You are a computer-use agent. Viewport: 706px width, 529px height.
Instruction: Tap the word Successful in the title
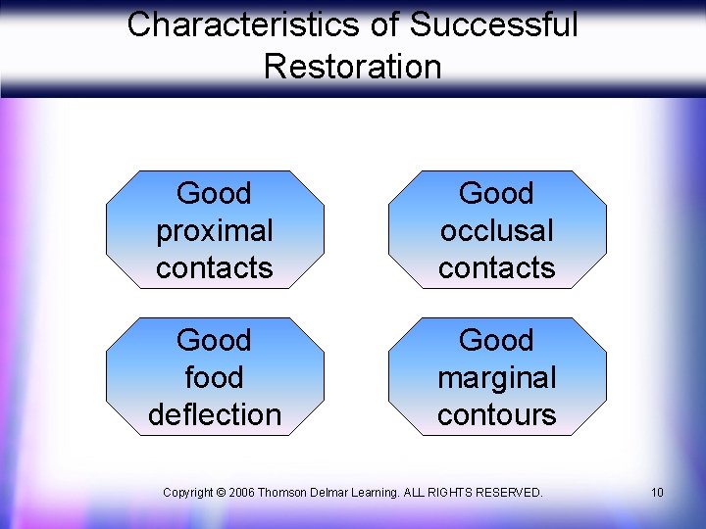pyautogui.click(x=494, y=24)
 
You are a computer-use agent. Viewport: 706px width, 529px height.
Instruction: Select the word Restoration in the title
pyautogui.click(x=353, y=67)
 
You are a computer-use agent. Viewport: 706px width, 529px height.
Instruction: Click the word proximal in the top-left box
pyautogui.click(x=215, y=231)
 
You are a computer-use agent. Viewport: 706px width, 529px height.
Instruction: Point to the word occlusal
pyautogui.click(x=497, y=231)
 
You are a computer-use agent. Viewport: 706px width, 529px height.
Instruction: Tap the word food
pyautogui.click(x=215, y=377)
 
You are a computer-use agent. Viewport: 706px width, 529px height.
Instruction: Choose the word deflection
pyautogui.click(x=215, y=414)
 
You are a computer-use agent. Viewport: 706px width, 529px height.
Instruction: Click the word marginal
pyautogui.click(x=497, y=377)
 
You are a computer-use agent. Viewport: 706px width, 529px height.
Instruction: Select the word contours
pyautogui.click(x=497, y=414)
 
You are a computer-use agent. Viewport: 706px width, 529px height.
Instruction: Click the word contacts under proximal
pyautogui.click(x=215, y=267)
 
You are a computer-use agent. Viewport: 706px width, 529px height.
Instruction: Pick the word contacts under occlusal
pyautogui.click(x=497, y=267)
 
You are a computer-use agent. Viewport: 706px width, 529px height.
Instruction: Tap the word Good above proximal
pyautogui.click(x=215, y=194)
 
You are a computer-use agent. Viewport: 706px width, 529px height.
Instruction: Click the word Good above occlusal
pyautogui.click(x=497, y=194)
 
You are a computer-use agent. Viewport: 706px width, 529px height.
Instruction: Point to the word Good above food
pyautogui.click(x=215, y=341)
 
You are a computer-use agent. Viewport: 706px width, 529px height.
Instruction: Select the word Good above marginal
pyautogui.click(x=497, y=341)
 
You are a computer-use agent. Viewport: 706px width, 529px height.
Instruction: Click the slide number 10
pyautogui.click(x=657, y=492)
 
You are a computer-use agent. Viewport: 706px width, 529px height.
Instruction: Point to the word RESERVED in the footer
pyautogui.click(x=510, y=492)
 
